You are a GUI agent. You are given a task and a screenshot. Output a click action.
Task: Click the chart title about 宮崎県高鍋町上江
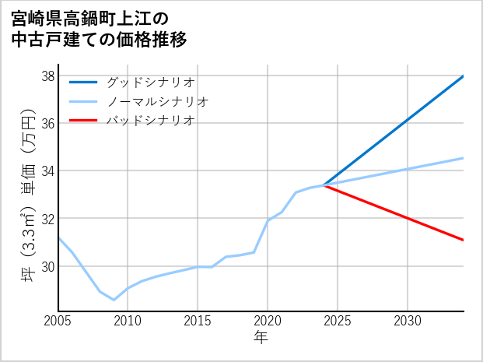pos(100,28)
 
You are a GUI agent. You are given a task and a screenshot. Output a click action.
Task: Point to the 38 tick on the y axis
pos(47,76)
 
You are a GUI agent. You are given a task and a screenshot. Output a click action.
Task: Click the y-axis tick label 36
pos(47,123)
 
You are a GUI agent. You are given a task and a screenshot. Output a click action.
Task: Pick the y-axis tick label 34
pos(47,170)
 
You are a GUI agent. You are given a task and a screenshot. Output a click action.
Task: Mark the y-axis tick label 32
pos(47,219)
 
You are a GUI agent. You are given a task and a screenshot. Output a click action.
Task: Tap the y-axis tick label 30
pos(47,266)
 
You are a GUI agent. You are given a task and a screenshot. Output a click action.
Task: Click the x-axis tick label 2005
pos(58,321)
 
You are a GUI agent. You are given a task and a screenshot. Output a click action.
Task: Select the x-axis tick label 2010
pos(128,321)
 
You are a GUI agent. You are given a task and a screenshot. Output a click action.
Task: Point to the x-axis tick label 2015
pos(198,321)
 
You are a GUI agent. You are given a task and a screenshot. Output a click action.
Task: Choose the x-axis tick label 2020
pos(268,321)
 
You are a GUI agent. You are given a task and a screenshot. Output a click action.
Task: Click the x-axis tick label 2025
pos(338,321)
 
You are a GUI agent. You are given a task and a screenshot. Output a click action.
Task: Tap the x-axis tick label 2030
pos(408,321)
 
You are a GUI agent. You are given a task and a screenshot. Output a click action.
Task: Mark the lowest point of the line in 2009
pos(114,300)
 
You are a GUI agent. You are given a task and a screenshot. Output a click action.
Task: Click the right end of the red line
pos(464,240)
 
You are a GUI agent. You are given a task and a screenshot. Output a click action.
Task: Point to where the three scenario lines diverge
pos(324,185)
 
